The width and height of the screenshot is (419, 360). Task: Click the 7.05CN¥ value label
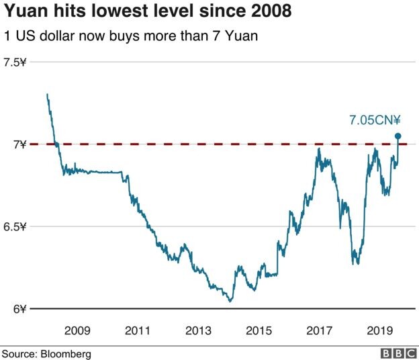[x=375, y=121]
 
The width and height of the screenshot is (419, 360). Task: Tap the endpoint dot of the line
[x=398, y=136]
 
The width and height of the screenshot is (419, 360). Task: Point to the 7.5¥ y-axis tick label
[x=15, y=62]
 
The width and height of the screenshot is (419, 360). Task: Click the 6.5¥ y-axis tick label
[x=15, y=226]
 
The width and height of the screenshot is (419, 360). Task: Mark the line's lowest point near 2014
[x=230, y=301]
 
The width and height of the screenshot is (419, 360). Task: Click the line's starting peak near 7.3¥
[x=46, y=95]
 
